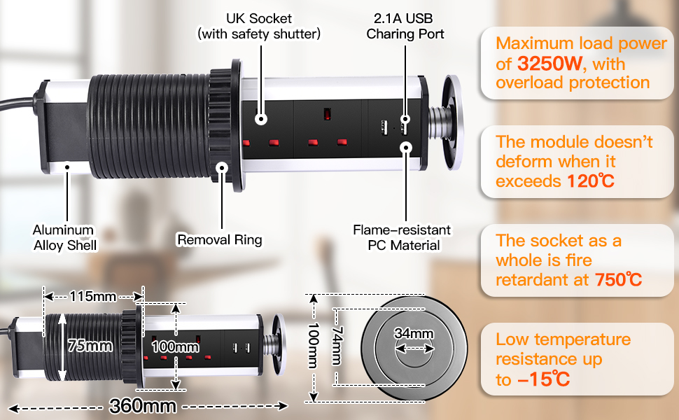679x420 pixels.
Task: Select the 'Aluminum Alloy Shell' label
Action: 64,237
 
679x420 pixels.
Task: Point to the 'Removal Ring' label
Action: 219,240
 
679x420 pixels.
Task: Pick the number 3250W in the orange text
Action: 550,64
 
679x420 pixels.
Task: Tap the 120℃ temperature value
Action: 589,181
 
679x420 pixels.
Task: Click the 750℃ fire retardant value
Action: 618,280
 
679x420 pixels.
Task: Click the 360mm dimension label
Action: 143,405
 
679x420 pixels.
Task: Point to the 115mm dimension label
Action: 92,296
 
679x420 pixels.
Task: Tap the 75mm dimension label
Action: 90,346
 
